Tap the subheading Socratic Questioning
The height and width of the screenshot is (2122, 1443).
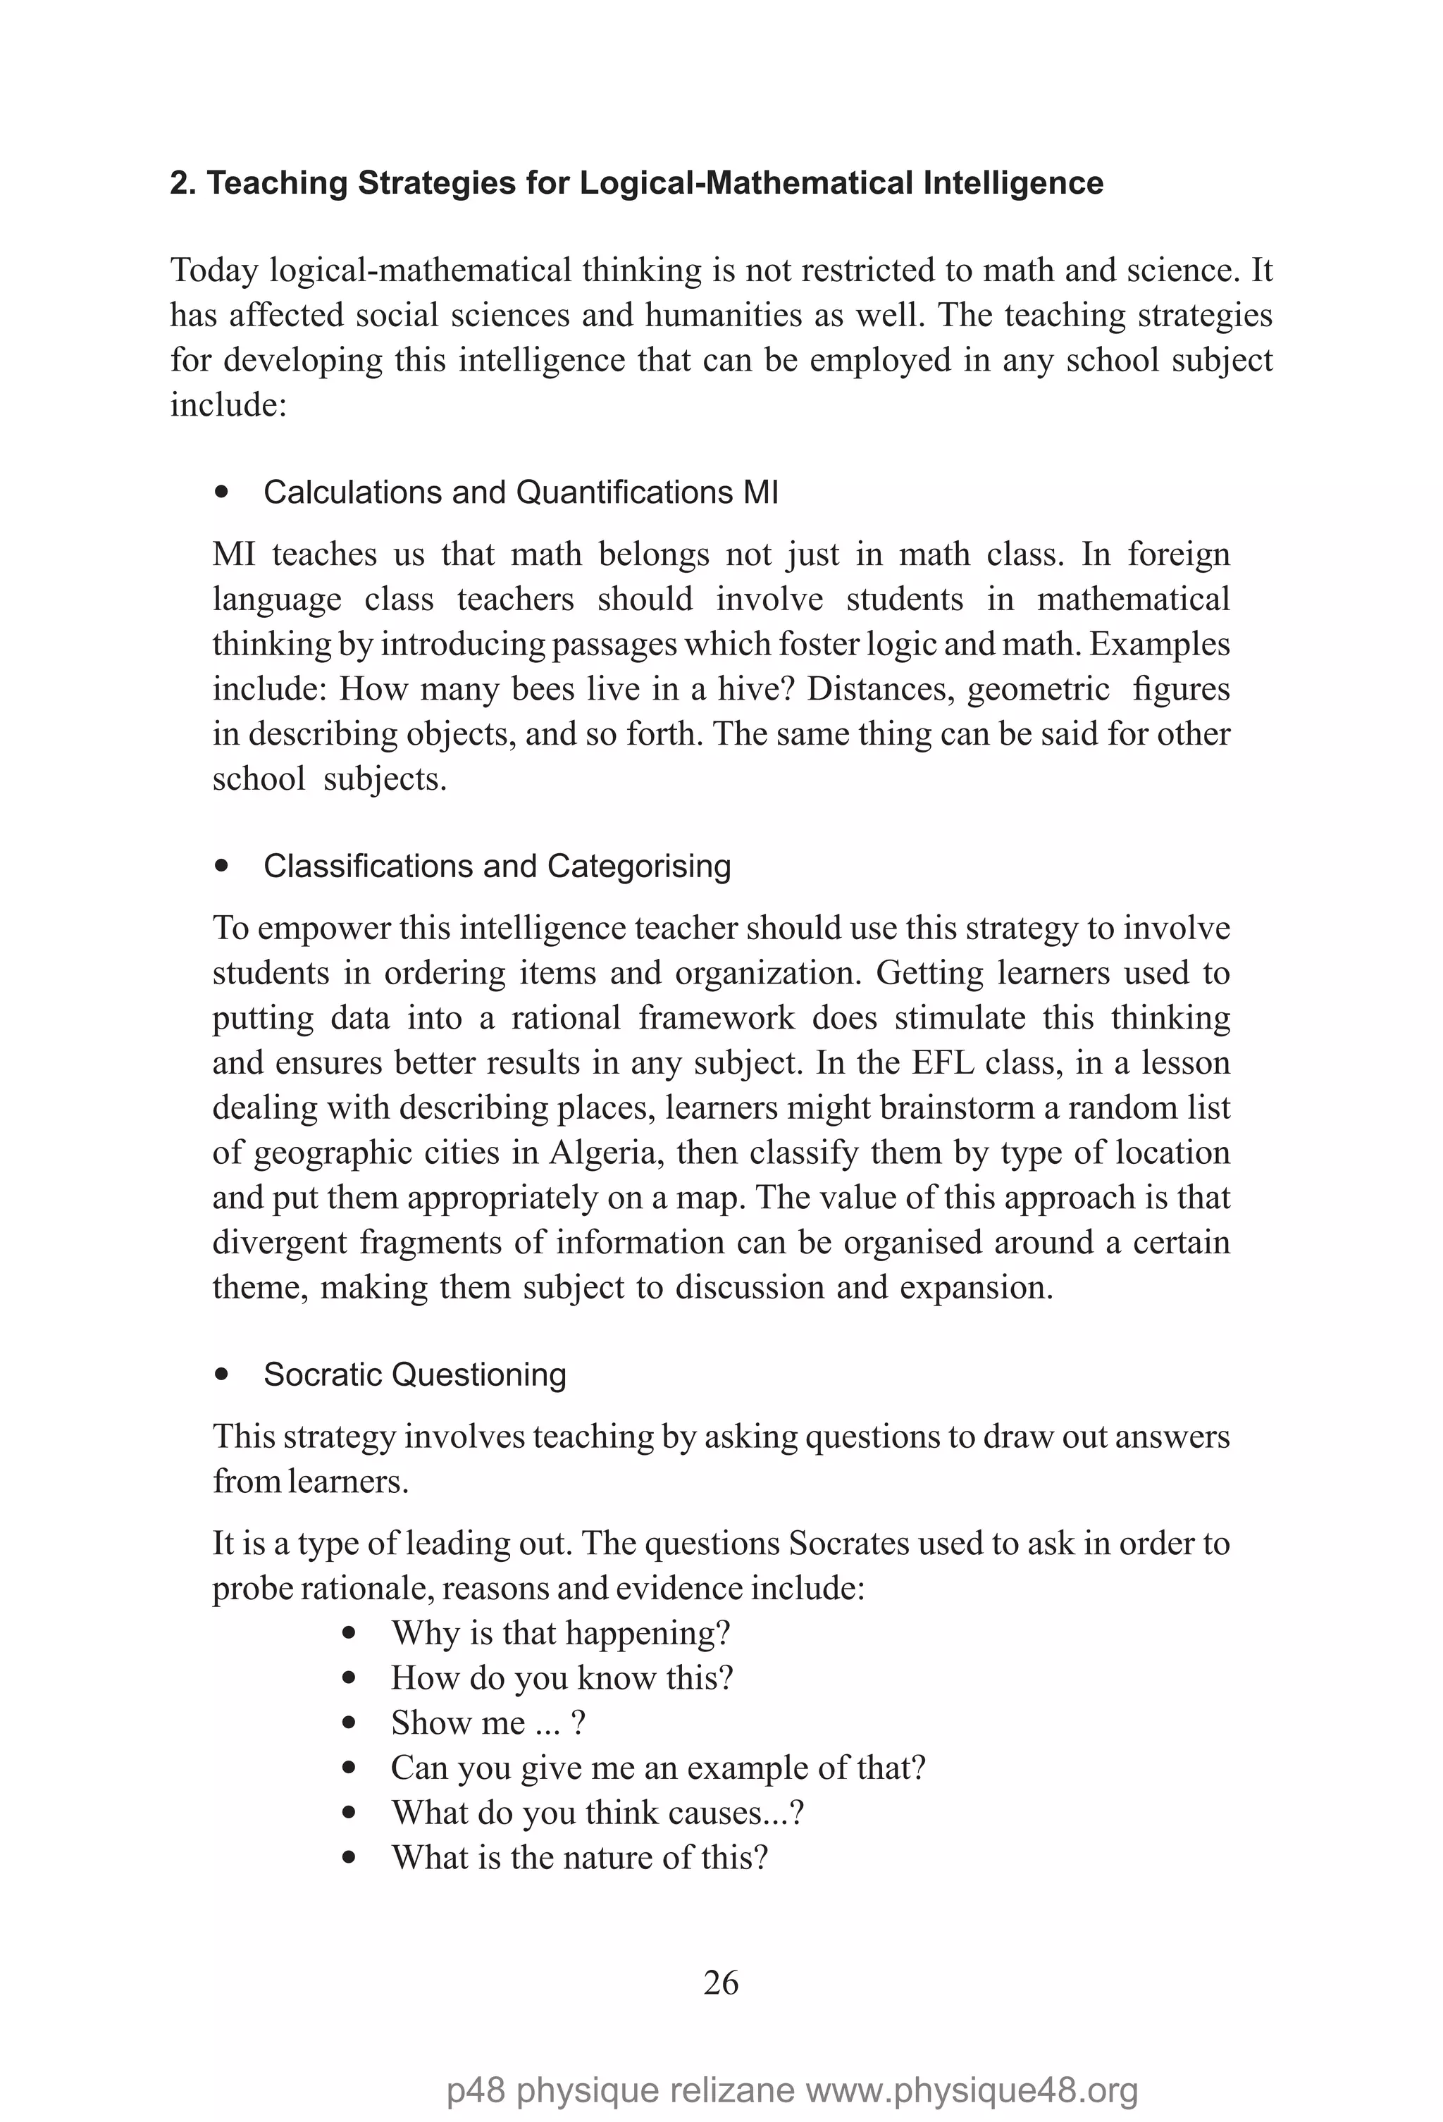click(414, 1375)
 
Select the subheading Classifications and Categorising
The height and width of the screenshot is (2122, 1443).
click(497, 866)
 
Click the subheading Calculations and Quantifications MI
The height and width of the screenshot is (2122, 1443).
click(521, 492)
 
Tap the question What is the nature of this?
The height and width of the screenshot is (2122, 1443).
click(579, 1857)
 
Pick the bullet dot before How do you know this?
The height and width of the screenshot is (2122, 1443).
click(348, 1678)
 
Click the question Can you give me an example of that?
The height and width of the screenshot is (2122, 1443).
click(657, 1768)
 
